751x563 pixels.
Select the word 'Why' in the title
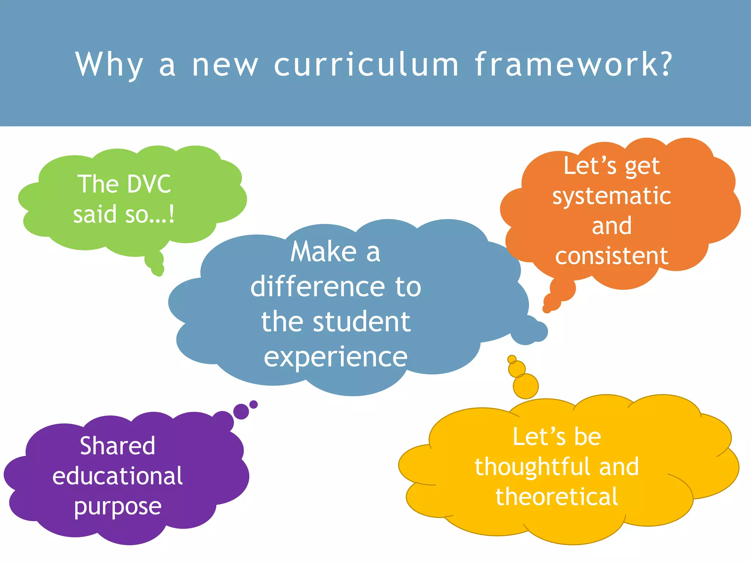[x=109, y=65]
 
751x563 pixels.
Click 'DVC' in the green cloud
[x=149, y=184]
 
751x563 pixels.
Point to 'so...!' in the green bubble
[x=150, y=214]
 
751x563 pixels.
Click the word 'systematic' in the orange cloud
[x=612, y=196]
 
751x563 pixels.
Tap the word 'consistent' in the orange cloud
[x=612, y=256]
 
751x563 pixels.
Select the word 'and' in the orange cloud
[x=612, y=226]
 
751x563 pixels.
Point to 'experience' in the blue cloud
[x=336, y=357]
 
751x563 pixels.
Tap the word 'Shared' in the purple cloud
[x=118, y=446]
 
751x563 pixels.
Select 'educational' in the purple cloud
[x=118, y=476]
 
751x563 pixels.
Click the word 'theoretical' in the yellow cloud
[x=557, y=497]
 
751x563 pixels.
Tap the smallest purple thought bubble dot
[x=253, y=405]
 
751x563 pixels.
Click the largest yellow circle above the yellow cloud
[x=525, y=386]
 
